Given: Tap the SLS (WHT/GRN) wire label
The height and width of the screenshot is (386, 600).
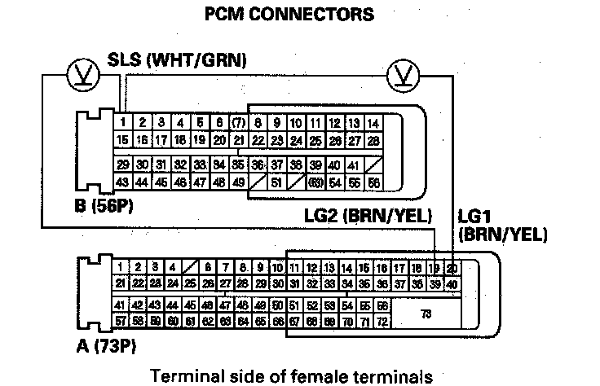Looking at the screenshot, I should [178, 61].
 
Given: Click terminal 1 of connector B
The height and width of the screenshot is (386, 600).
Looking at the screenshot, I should [122, 123].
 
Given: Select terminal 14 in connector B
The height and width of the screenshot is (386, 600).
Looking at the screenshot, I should [373, 123].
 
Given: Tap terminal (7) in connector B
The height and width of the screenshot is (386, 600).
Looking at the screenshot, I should [238, 123].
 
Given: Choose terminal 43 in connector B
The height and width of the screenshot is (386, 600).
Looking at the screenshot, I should [122, 182].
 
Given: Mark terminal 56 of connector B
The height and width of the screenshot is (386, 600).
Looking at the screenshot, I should [373, 182].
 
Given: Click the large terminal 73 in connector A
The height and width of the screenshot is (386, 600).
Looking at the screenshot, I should [425, 314].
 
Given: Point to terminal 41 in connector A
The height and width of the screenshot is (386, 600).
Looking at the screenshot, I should [121, 306].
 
